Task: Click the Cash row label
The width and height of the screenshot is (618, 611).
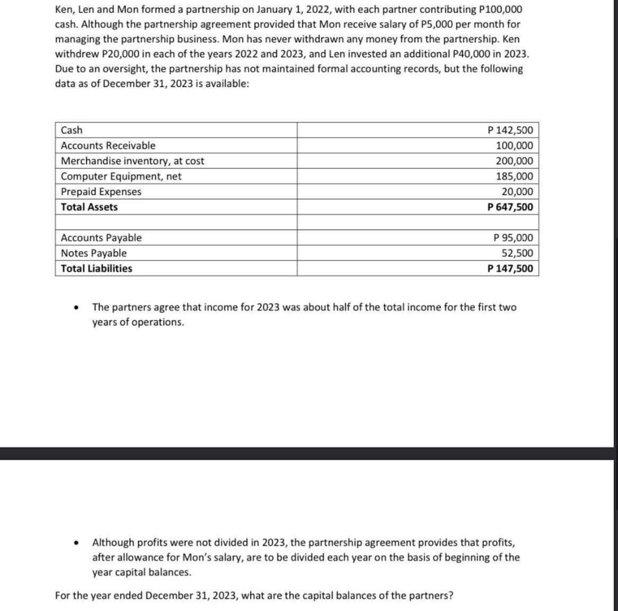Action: click(x=72, y=130)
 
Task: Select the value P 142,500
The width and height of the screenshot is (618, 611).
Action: click(x=510, y=130)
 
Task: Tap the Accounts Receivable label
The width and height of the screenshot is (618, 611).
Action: click(x=108, y=146)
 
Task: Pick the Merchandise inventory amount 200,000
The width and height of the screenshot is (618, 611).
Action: click(x=514, y=161)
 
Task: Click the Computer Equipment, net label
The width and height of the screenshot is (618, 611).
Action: click(x=121, y=176)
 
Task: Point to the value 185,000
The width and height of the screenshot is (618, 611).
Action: click(x=514, y=176)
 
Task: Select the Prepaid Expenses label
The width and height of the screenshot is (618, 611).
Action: click(x=101, y=192)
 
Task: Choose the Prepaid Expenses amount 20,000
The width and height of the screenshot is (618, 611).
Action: click(x=517, y=192)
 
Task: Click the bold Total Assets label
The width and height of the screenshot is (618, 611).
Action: click(x=89, y=207)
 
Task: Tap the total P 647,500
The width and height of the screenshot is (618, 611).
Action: click(x=510, y=207)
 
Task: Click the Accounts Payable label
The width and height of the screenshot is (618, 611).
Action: click(x=101, y=238)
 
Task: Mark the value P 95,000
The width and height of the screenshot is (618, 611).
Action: click(x=513, y=238)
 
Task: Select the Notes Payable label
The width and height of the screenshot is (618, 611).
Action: click(x=94, y=253)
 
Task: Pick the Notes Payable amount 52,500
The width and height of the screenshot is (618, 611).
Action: click(x=517, y=253)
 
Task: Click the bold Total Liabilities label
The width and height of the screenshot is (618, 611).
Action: click(x=97, y=269)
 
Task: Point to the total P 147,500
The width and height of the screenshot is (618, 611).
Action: click(x=510, y=269)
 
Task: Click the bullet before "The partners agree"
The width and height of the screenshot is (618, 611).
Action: click(x=75, y=308)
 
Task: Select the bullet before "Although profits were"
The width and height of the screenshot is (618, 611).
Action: click(x=75, y=543)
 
